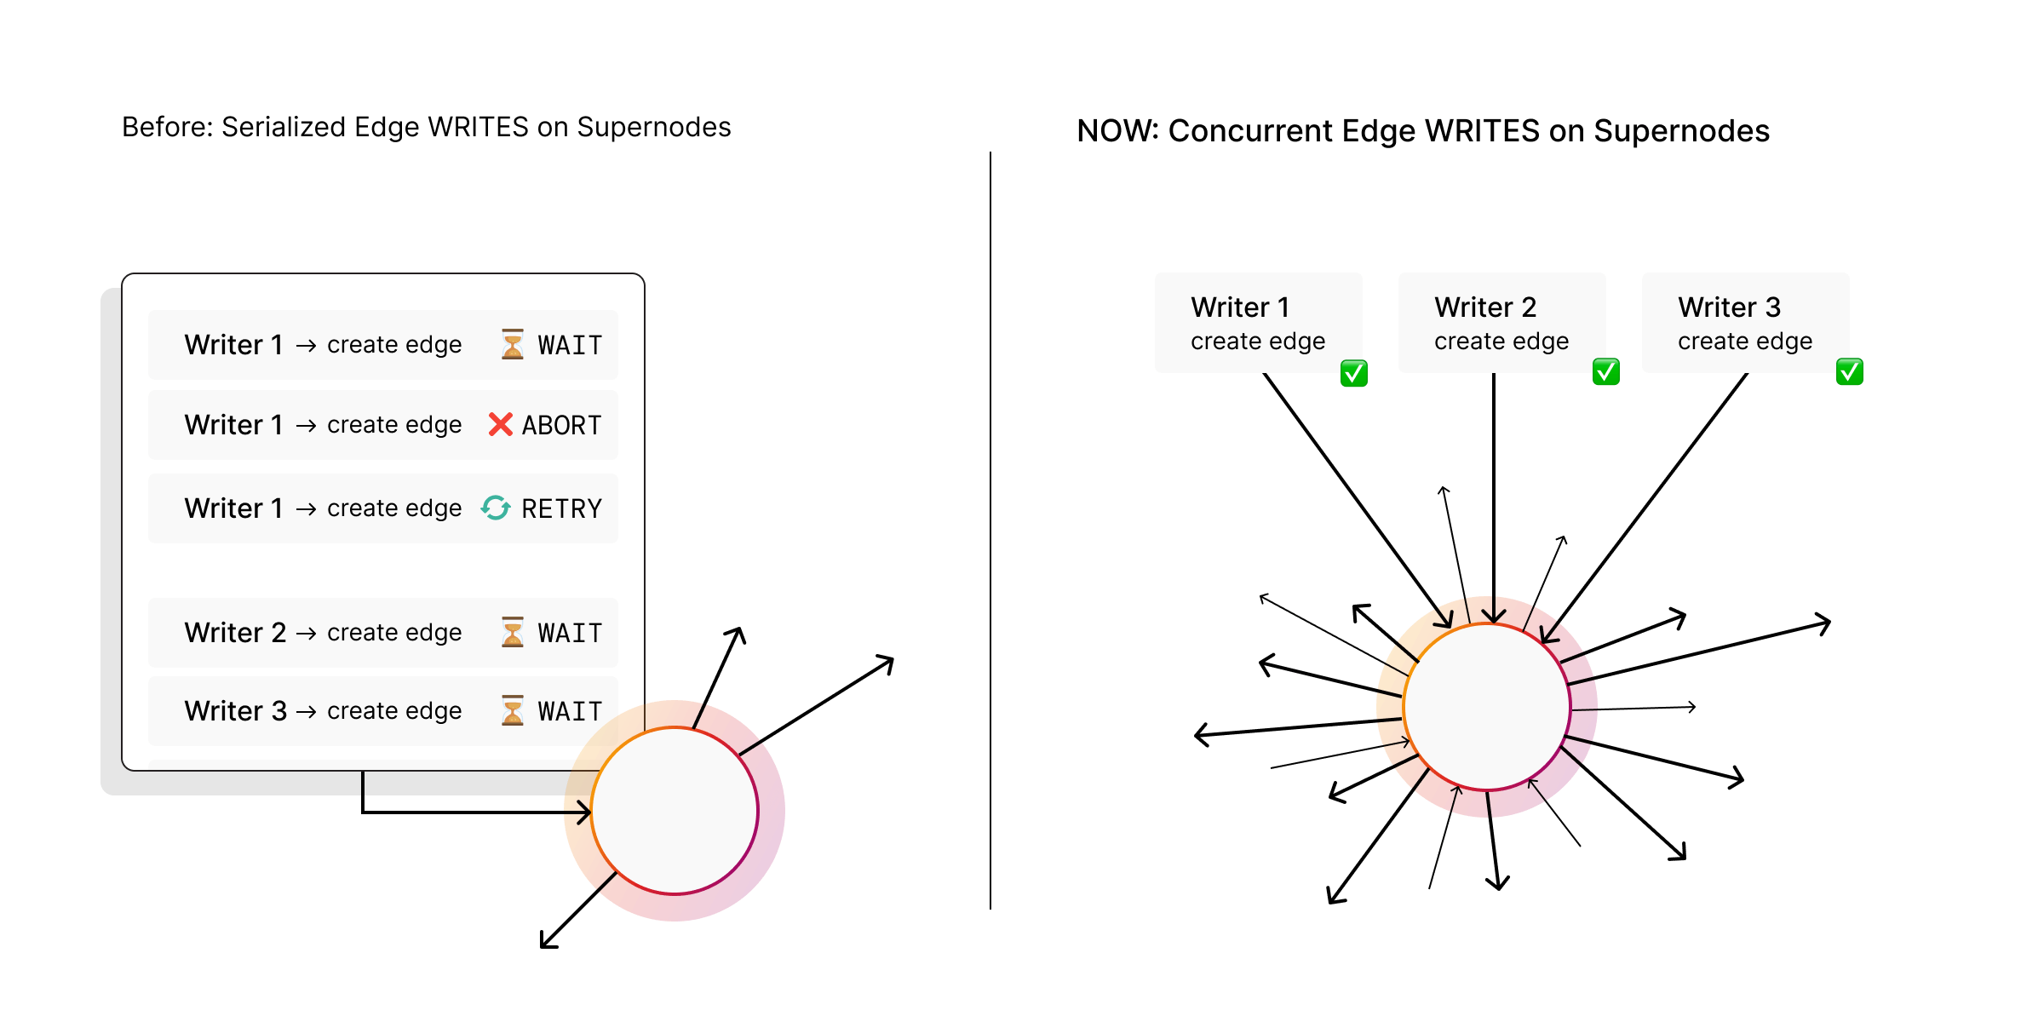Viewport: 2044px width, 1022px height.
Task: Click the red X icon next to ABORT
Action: tap(500, 424)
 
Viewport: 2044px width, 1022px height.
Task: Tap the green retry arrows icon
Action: tap(496, 508)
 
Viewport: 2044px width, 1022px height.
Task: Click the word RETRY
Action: tap(561, 508)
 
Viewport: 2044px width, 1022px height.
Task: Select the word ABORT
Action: tap(561, 425)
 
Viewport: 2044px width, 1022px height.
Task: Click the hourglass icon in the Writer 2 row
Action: tap(513, 632)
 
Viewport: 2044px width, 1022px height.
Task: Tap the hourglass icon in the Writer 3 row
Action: tap(513, 710)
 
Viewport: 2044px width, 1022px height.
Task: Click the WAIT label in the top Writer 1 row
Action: tap(570, 345)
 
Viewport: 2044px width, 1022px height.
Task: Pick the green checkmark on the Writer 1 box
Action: tap(1353, 373)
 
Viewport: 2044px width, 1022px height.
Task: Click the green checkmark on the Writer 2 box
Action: tap(1605, 372)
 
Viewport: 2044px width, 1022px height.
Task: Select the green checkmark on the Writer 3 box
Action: tap(1849, 372)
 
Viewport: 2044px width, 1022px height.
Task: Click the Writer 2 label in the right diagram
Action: tap(1485, 307)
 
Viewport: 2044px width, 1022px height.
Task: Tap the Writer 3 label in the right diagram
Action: tap(1729, 307)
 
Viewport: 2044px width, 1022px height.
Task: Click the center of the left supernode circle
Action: tap(675, 811)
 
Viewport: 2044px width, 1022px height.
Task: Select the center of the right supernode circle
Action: tap(1487, 707)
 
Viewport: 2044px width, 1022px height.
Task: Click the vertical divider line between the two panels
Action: tap(990, 528)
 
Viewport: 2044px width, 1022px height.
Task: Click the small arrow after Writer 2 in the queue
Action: tap(307, 633)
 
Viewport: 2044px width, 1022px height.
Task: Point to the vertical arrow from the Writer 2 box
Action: tap(1494, 494)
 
